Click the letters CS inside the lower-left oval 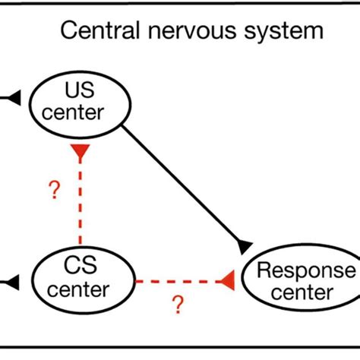pos(77,267)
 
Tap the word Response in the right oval pos(305,270)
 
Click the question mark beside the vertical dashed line pos(53,191)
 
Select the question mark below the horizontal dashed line pos(178,305)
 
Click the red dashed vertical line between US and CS pos(80,205)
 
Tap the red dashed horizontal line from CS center pos(175,283)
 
